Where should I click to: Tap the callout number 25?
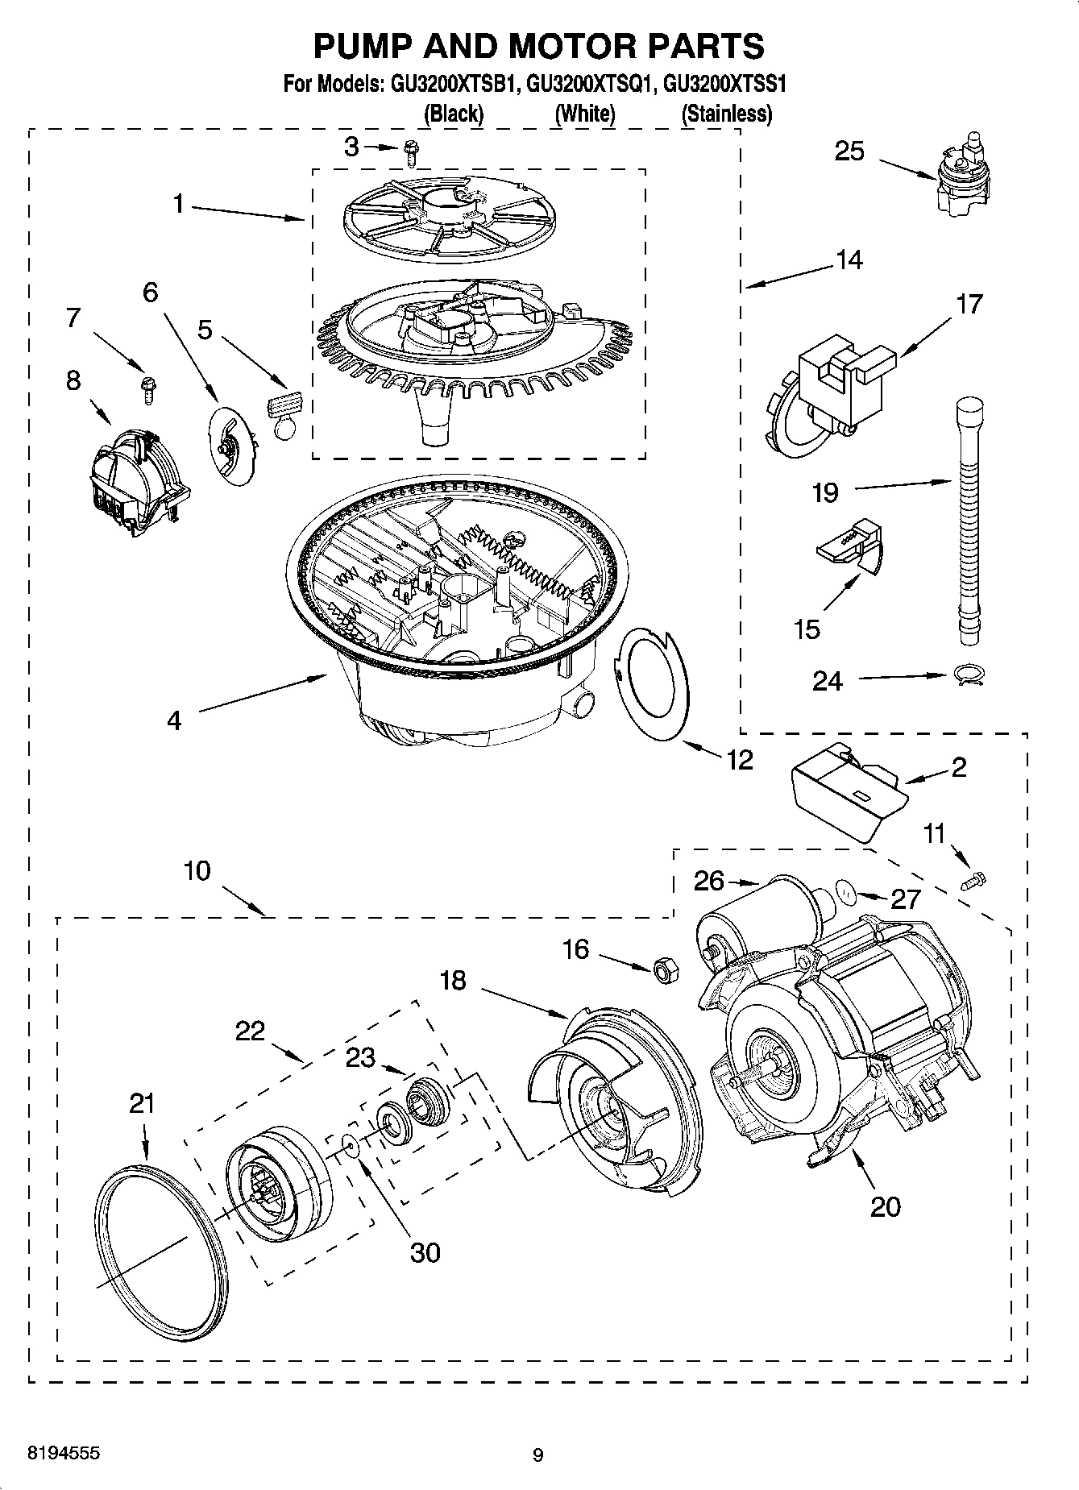[x=849, y=151]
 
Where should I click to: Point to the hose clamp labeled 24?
[x=966, y=675]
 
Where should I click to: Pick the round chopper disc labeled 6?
[x=231, y=445]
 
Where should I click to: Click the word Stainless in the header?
[x=726, y=114]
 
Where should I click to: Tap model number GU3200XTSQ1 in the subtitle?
[x=587, y=83]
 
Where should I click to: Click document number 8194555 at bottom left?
[x=64, y=1453]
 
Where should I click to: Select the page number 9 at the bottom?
[x=537, y=1455]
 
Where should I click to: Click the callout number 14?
[x=849, y=260]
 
